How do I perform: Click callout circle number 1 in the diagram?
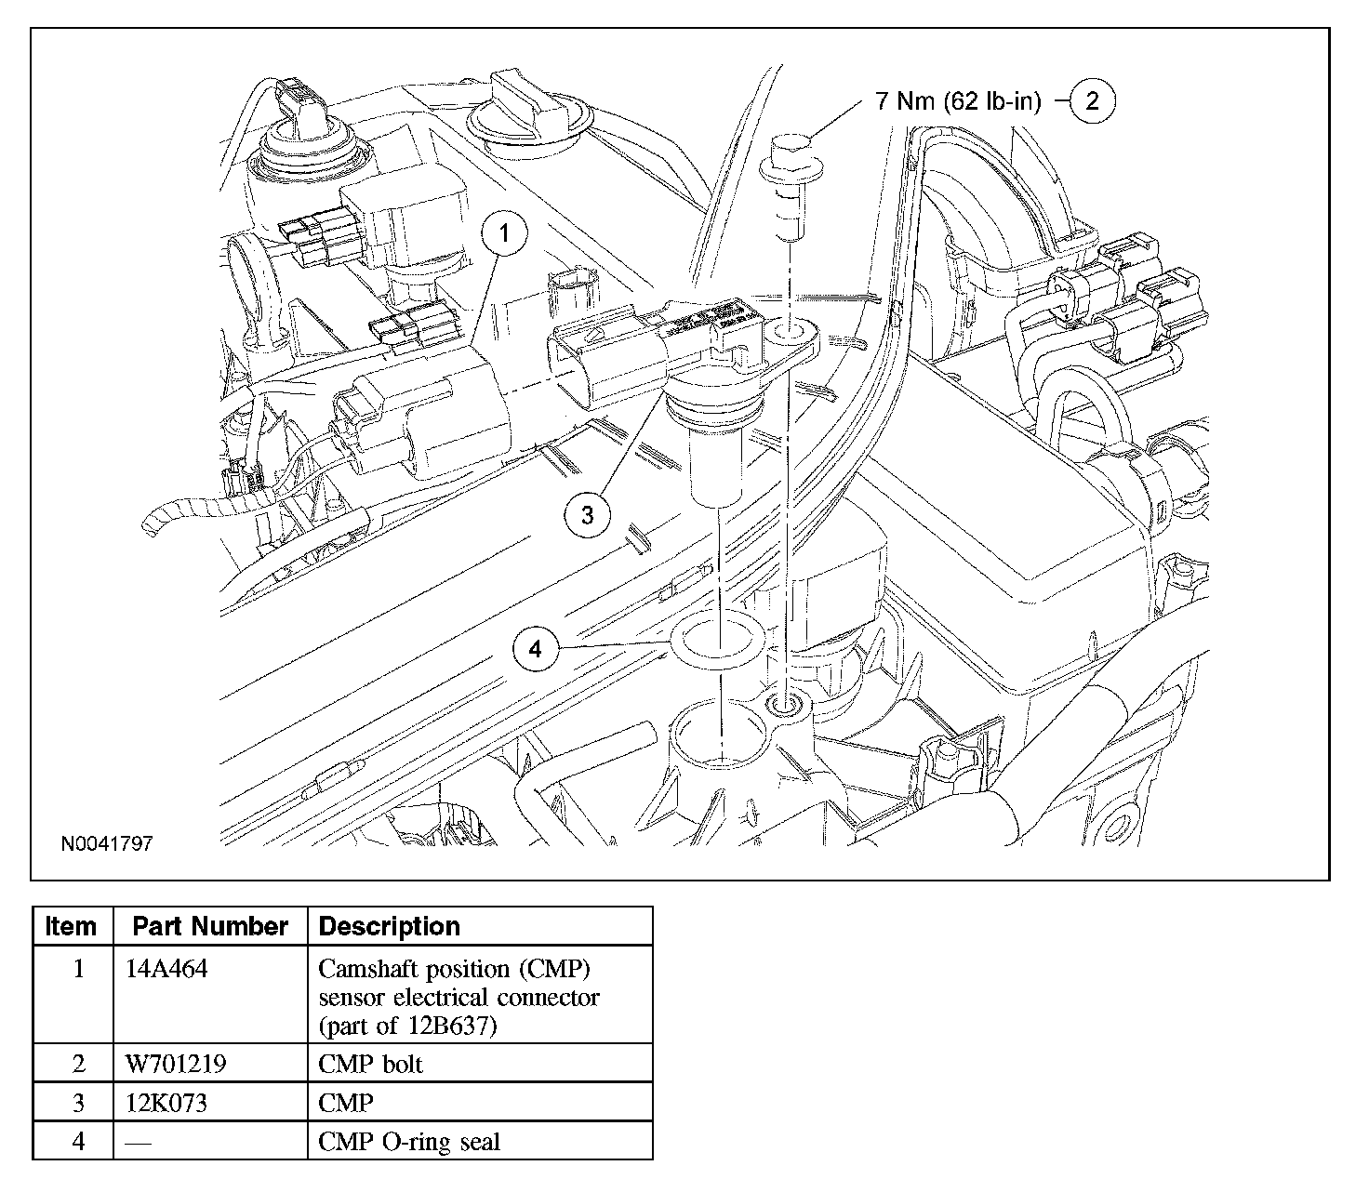pos(504,233)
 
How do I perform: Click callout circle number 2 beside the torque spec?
pos(1092,100)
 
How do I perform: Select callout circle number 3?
pos(588,515)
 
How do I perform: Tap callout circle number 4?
pos(535,649)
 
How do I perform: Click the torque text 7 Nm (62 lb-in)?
pos(958,101)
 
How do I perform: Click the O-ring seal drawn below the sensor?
pos(719,639)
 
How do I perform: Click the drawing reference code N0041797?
pos(107,843)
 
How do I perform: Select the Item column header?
pos(71,925)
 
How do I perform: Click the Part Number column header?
pos(210,925)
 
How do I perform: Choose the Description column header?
pos(390,925)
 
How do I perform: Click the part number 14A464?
pos(166,968)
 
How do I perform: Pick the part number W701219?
pos(176,1063)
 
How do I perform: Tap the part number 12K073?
pos(166,1102)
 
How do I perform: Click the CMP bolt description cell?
pos(370,1063)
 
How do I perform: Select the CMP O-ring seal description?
pos(409,1141)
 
